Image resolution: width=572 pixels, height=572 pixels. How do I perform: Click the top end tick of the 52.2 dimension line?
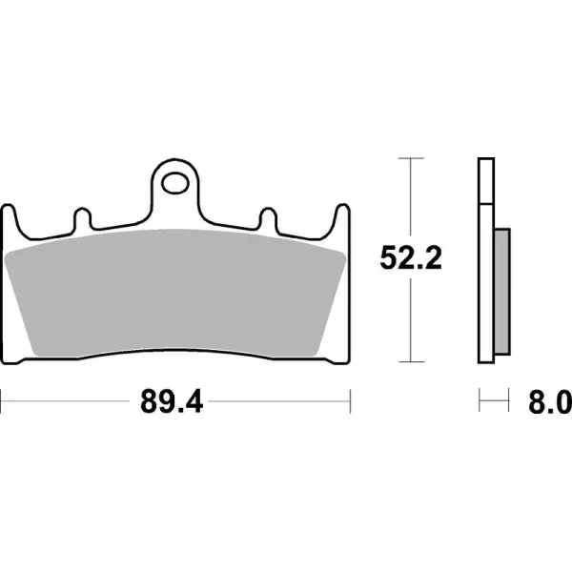pos(410,158)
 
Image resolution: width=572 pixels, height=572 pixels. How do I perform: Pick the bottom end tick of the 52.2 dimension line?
pos(410,361)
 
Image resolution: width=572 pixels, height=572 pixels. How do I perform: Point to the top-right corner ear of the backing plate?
pos(341,214)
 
